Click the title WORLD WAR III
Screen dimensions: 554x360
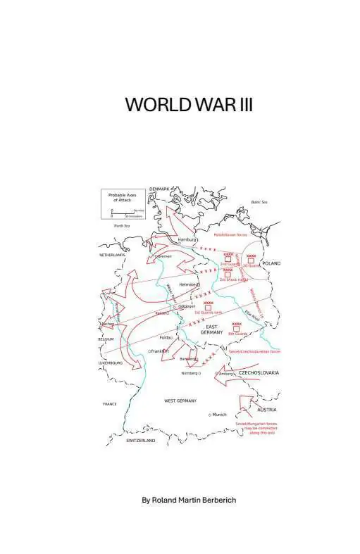189,105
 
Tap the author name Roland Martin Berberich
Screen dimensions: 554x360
189,500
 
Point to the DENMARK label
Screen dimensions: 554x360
161,189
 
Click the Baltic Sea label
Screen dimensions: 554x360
259,202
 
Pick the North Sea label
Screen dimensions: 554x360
122,226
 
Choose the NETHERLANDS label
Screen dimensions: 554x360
112,255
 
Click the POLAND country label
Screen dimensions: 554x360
271,263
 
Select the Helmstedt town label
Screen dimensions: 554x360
190,284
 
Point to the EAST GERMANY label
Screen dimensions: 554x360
214,329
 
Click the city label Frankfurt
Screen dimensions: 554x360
160,351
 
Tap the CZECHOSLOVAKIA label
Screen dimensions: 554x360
259,372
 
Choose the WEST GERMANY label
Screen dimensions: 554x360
180,401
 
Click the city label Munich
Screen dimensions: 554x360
219,415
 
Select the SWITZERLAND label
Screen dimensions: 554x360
141,441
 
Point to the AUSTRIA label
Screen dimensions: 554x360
267,410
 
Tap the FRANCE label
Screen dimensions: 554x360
110,404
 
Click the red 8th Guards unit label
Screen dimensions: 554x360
237,334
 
